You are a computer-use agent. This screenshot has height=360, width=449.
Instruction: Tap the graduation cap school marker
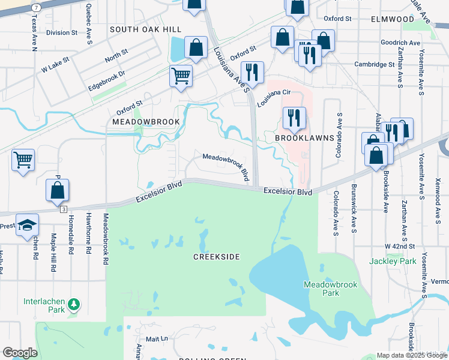(x=26, y=225)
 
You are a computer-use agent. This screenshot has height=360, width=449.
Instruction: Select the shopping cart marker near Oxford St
(x=181, y=76)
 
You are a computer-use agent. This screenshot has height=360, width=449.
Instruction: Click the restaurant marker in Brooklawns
(x=294, y=117)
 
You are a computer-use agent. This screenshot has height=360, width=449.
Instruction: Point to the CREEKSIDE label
(x=216, y=257)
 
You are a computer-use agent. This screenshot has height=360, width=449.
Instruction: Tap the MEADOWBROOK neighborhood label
(x=146, y=122)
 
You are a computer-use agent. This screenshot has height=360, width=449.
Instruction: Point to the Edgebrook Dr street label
(x=105, y=79)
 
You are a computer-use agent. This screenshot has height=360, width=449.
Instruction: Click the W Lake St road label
(x=55, y=65)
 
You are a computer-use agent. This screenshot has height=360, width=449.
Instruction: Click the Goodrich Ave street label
(x=400, y=43)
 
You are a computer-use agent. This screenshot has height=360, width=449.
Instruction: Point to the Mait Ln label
(x=157, y=339)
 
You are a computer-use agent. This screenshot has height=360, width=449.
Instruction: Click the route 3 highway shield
(x=63, y=209)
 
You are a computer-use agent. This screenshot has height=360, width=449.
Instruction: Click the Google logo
(x=20, y=352)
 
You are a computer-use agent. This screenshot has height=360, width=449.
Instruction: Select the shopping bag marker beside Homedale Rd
(x=57, y=190)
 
